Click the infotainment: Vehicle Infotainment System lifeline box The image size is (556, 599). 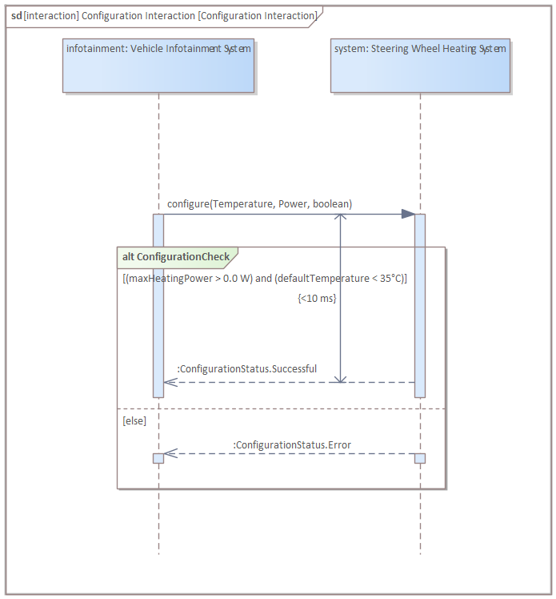coord(158,66)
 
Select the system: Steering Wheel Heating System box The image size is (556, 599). coord(420,66)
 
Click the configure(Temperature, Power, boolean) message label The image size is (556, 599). coord(259,204)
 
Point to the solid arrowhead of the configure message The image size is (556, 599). coord(408,214)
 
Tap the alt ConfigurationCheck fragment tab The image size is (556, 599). coord(176,257)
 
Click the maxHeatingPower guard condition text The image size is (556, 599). coord(265,279)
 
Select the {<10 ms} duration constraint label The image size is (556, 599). coord(317,298)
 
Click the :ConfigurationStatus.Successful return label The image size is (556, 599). coord(246,369)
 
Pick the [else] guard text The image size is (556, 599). coord(134,420)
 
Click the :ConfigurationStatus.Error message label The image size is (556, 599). coord(292,445)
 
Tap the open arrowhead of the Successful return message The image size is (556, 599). coord(169,382)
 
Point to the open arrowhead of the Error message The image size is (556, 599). coord(170,454)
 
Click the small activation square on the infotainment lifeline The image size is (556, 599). coord(158,458)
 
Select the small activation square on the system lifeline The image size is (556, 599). coord(420,458)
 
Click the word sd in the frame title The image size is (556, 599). coord(16,15)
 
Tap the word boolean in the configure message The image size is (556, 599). coord(332,204)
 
